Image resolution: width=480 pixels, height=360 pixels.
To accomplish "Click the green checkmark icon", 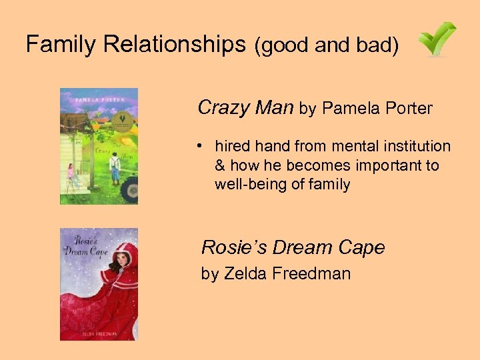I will pyautogui.click(x=437, y=39).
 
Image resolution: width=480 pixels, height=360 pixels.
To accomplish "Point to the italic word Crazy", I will pyautogui.click(x=224, y=107).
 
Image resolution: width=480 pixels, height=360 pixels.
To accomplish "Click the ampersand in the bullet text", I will pyautogui.click(x=220, y=165).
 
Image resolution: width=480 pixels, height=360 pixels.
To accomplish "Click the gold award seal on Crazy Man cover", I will pyautogui.click(x=121, y=120).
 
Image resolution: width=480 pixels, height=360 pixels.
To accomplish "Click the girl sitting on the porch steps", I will pyautogui.click(x=71, y=174).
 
